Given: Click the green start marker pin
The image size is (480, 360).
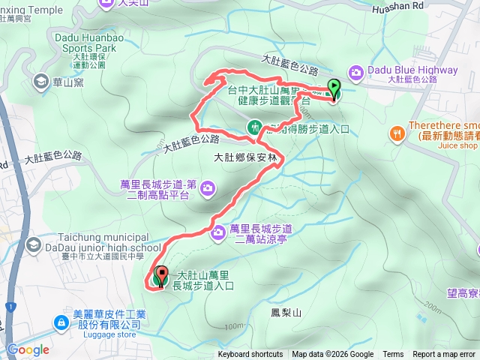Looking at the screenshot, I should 333,89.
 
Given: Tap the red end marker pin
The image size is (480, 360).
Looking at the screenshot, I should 160,276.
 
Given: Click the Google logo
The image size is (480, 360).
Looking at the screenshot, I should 28,349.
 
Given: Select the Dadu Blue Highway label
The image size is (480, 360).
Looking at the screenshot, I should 412,70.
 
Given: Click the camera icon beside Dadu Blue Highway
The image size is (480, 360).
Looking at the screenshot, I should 355,71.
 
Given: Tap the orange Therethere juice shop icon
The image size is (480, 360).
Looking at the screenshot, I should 396,133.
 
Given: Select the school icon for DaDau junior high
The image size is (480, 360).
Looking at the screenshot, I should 34,244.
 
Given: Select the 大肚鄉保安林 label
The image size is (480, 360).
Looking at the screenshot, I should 245,157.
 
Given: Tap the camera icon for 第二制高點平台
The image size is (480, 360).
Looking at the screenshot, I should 206,187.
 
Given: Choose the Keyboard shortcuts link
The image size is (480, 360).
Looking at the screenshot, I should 250,355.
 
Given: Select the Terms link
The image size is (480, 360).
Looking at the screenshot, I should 393,355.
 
